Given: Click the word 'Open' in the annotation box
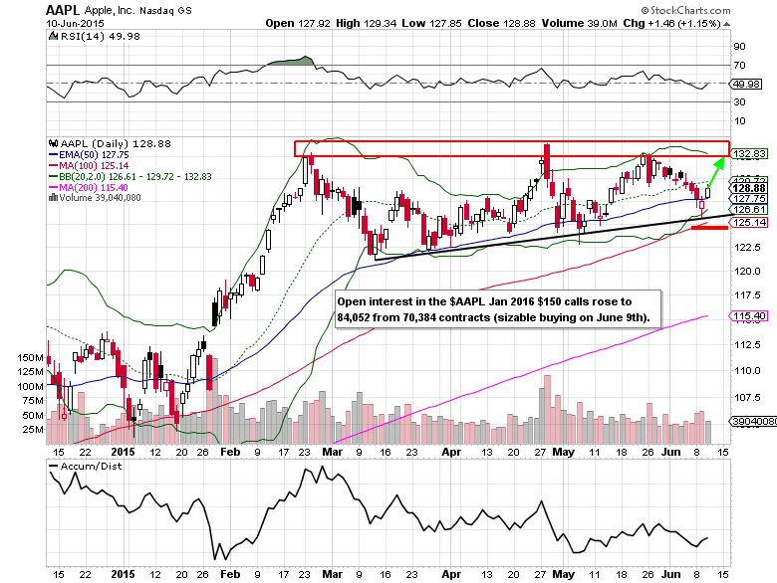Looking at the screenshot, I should pyautogui.click(x=352, y=299).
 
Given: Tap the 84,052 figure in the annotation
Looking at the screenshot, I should pyautogui.click(x=360, y=316).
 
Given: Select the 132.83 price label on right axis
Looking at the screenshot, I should pyautogui.click(x=747, y=154).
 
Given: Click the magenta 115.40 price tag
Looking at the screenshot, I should pyautogui.click(x=747, y=315).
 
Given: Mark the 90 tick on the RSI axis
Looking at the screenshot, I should pyautogui.click(x=739, y=46).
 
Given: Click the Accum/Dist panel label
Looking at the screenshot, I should pyautogui.click(x=87, y=466).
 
